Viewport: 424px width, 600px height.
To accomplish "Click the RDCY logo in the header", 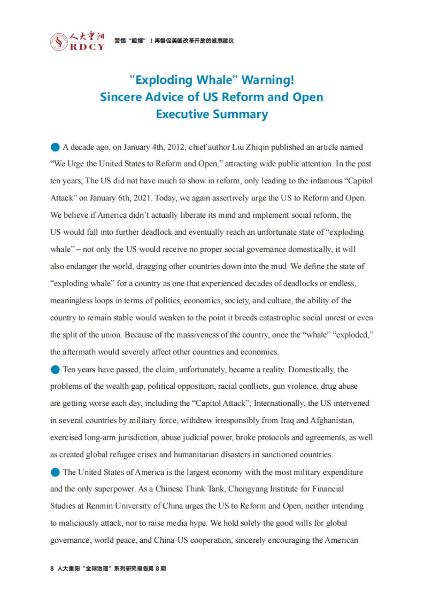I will pos(77,41).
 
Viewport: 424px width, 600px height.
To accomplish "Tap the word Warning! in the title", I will pos(267,80).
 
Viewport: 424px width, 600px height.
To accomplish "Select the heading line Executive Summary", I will pos(212,114).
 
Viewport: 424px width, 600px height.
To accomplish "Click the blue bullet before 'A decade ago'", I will pos(55,147).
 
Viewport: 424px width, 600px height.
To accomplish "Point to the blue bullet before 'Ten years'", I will pos(55,370).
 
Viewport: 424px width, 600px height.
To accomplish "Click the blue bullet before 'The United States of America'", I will pos(55,472).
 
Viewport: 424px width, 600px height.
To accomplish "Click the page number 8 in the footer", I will pos(52,569).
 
